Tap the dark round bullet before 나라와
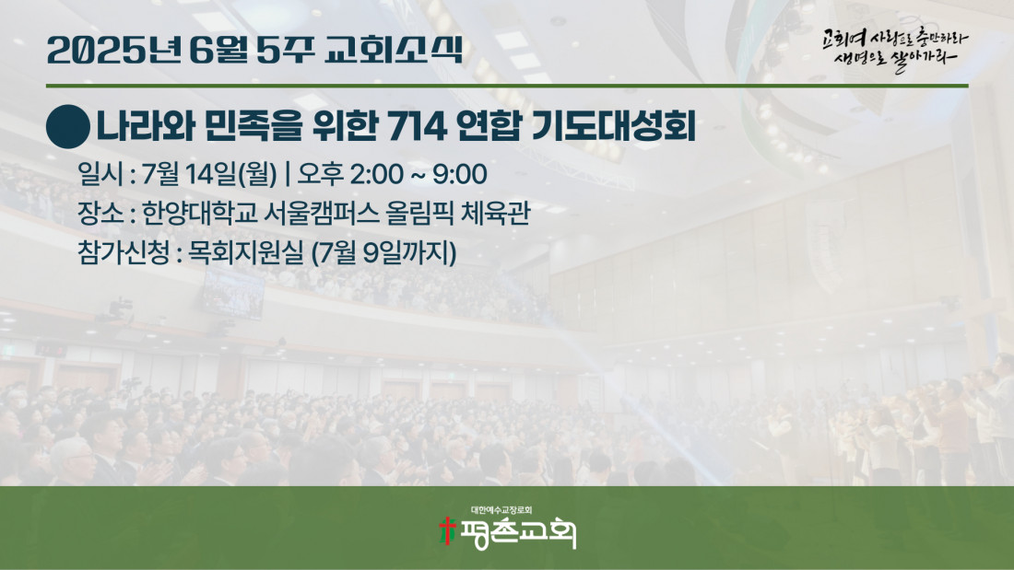pos(68,127)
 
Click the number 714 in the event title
pos(417,126)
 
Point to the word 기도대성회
pos(613,126)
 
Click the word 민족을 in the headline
pos(253,126)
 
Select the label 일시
pos(99,174)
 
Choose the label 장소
pos(100,213)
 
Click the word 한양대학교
pos(199,213)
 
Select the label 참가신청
pos(124,252)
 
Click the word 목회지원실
pos(245,252)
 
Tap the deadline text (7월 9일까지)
pos(384,252)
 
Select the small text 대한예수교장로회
pos(501,510)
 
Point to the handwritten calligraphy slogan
pos(896,49)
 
